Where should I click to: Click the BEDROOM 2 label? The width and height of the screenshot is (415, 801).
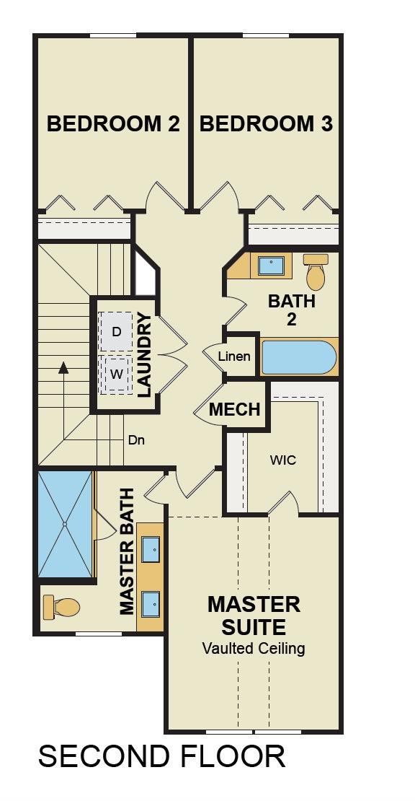point(113,124)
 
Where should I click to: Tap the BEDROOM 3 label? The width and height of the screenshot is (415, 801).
point(266,124)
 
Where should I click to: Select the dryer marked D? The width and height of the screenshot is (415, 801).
point(117,331)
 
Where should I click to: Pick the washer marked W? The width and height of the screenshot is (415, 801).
point(117,374)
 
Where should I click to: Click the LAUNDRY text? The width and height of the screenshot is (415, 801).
point(145,355)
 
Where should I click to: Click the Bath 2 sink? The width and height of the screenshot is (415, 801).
point(270,266)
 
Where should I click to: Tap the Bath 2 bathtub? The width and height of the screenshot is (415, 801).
point(299,357)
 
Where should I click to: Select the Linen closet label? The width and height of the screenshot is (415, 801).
point(235,356)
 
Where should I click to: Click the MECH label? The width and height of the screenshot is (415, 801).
point(235,409)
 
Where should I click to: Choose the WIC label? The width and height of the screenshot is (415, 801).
point(283,460)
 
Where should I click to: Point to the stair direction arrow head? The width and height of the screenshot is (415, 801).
point(63,367)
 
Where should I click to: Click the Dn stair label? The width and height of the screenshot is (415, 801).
point(136,440)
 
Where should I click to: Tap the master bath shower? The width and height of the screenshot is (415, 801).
point(66,524)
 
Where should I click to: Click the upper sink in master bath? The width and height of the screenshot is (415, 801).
point(151,548)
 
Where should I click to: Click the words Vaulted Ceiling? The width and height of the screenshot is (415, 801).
point(254,649)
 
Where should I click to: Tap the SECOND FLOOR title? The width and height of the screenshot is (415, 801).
point(161,756)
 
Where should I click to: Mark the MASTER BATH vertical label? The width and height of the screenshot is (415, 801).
point(127,551)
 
